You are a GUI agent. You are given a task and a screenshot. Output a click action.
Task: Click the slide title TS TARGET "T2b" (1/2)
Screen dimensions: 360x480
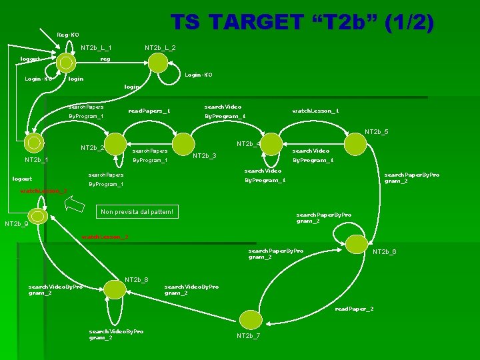click(302, 23)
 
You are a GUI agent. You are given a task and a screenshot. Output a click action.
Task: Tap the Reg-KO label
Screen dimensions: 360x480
click(68, 34)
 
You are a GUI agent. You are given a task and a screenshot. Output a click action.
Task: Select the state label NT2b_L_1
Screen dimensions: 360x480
click(96, 47)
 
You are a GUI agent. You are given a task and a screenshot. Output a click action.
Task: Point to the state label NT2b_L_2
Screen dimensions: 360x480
click(160, 47)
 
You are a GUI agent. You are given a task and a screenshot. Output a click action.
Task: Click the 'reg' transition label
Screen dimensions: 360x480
click(105, 59)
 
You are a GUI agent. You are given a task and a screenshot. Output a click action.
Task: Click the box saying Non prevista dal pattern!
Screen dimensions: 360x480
click(137, 212)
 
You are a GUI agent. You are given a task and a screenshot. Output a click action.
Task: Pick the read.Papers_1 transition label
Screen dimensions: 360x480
click(149, 111)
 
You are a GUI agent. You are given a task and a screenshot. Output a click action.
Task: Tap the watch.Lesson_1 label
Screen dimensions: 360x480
click(316, 111)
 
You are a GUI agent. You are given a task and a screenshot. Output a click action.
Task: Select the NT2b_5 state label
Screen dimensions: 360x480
click(376, 131)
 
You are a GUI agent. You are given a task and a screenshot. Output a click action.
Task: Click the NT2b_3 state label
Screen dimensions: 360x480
click(204, 156)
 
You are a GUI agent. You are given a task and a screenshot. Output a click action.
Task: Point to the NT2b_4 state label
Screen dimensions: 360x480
click(249, 143)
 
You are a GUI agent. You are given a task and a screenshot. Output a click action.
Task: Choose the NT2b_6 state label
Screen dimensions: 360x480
click(385, 251)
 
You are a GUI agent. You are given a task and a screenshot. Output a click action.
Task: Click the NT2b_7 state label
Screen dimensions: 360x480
click(249, 335)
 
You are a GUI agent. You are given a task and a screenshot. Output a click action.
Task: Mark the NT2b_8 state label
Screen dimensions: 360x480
click(137, 279)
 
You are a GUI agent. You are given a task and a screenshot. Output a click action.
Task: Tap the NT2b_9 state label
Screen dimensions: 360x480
click(17, 224)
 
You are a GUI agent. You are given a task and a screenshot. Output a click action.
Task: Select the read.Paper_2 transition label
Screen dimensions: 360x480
click(354, 309)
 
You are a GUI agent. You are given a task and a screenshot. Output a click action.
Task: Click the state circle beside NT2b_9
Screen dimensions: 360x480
click(39, 217)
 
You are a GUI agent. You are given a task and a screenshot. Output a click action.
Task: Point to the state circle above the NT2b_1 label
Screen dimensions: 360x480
click(33, 143)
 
